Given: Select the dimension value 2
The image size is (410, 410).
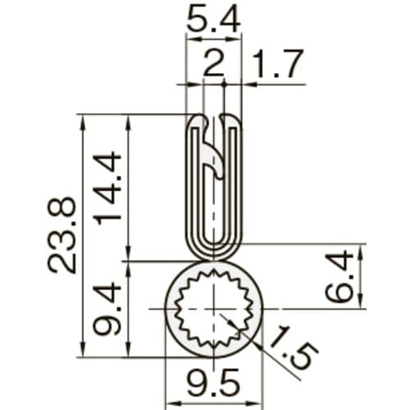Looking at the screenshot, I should (213, 65).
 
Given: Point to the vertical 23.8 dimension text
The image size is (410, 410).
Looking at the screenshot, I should (62, 235).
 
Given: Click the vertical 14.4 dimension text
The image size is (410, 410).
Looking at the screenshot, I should (109, 188).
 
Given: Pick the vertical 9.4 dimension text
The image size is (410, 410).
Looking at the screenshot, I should (109, 309).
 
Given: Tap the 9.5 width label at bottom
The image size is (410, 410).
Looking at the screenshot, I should (213, 386).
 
